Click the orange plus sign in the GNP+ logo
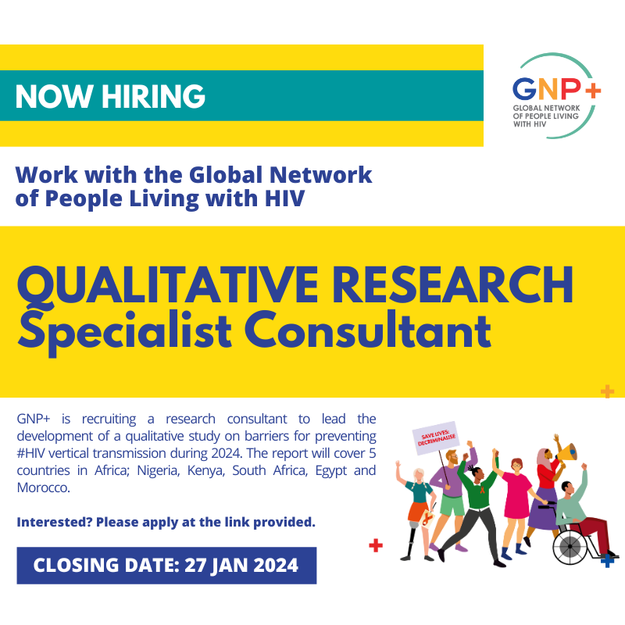(x=592, y=89)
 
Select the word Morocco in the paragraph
(x=42, y=488)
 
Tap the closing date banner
(x=166, y=565)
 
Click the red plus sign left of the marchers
(x=376, y=545)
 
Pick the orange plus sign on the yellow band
(x=607, y=391)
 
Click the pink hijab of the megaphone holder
(x=542, y=461)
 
